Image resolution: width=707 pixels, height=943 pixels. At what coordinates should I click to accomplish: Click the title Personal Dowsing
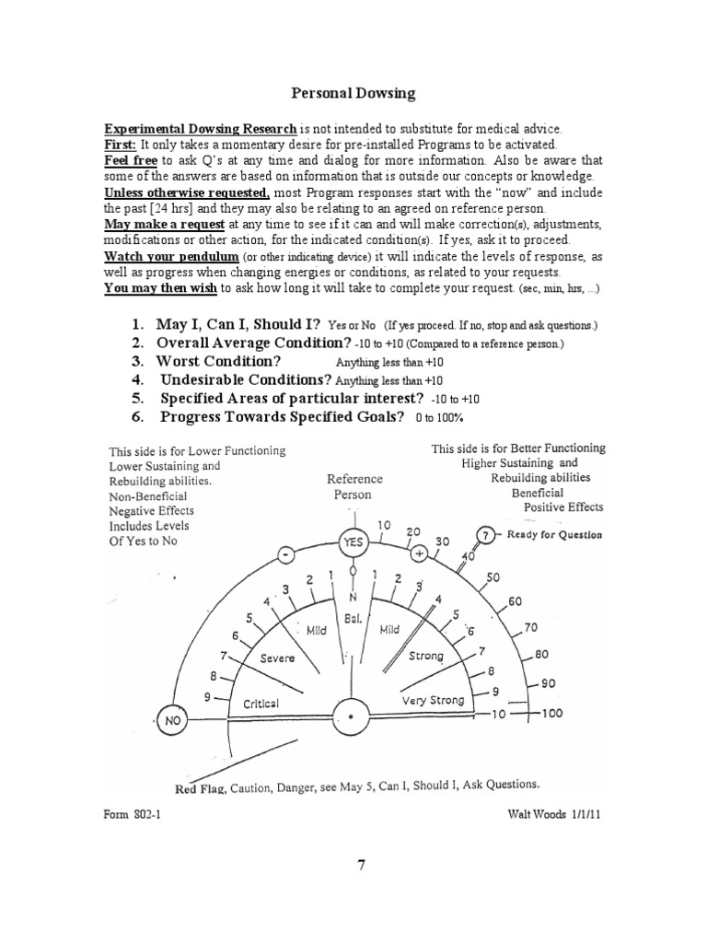click(x=353, y=93)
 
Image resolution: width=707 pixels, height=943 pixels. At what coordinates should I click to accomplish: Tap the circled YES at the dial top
click(x=353, y=543)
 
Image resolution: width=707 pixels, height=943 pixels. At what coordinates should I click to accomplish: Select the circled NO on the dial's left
click(x=172, y=721)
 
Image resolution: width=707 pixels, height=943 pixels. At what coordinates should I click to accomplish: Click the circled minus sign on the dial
click(x=286, y=555)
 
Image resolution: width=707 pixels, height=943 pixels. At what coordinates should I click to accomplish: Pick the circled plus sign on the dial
click(x=420, y=554)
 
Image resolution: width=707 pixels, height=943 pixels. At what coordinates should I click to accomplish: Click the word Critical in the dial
click(x=261, y=704)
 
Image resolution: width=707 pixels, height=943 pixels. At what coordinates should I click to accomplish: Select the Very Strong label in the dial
click(x=433, y=701)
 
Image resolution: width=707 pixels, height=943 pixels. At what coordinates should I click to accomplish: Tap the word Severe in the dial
click(x=277, y=658)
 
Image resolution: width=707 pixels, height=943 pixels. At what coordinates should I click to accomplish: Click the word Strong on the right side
click(x=425, y=657)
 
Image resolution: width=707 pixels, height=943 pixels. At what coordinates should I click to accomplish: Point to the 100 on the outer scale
click(x=553, y=713)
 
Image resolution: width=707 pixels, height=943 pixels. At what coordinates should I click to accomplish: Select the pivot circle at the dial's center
click(x=353, y=715)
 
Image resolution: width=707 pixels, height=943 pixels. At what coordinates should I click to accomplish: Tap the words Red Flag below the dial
click(x=200, y=787)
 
